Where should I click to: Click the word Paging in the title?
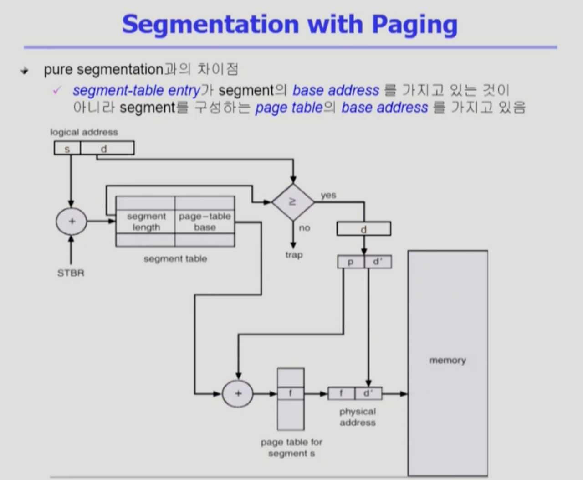(414, 25)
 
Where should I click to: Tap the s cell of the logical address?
(67, 148)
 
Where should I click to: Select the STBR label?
(71, 273)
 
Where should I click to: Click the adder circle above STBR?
(72, 222)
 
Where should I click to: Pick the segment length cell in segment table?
(146, 222)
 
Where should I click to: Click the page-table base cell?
(205, 222)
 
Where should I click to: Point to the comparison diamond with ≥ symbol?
(293, 202)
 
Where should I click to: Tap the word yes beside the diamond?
(328, 195)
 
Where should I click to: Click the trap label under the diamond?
(294, 255)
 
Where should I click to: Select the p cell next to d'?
(351, 262)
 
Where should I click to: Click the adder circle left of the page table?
(238, 393)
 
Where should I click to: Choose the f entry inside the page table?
(291, 393)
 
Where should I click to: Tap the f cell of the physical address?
(341, 393)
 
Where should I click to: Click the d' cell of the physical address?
(368, 393)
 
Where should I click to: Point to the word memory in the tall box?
(447, 361)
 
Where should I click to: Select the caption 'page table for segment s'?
(291, 448)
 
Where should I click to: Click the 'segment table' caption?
(175, 259)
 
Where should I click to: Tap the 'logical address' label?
(84, 132)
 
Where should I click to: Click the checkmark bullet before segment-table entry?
(57, 90)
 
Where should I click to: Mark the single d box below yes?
(363, 229)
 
